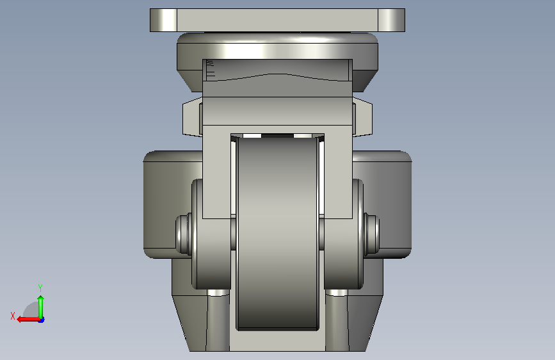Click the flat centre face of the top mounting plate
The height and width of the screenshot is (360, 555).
click(277, 20)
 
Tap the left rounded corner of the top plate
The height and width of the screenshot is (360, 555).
click(163, 20)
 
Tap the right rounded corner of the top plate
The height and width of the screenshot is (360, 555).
click(392, 20)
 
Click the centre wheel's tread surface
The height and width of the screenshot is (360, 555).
click(278, 234)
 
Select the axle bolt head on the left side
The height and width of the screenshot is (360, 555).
click(183, 234)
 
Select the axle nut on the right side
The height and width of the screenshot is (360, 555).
click(372, 234)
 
